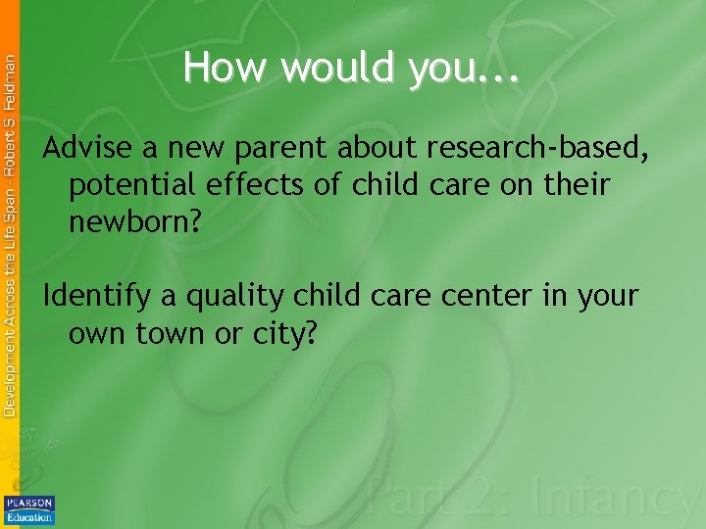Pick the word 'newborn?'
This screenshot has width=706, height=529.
135,222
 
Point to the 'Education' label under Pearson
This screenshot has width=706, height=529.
29,516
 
